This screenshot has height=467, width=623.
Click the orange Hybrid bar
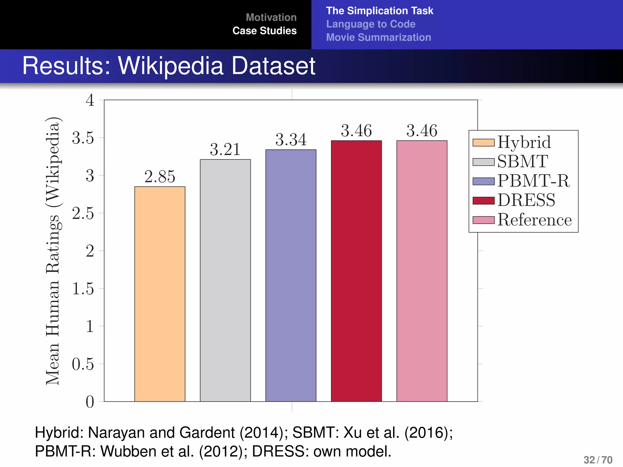coord(160,294)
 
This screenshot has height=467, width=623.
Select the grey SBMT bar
coord(225,280)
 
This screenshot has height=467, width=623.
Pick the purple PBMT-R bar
coord(291,275)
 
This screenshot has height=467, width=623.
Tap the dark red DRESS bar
coord(356,271)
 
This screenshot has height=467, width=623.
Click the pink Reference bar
coord(422,271)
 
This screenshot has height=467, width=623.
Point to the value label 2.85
coord(160,177)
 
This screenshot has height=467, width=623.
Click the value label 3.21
coord(225,150)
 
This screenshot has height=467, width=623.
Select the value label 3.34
coord(291,140)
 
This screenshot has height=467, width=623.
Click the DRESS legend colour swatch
coord(483,201)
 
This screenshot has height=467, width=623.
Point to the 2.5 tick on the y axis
coord(83,213)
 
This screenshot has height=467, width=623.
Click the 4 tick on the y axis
coord(90,100)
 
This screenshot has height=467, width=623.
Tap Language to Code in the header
coord(371,24)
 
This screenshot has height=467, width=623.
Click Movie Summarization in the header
coord(378,37)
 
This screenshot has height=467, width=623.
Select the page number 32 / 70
coord(598,460)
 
